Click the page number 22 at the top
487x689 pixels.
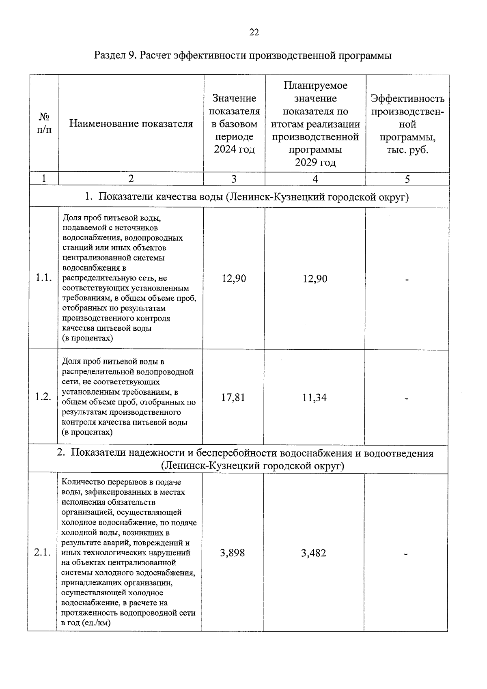(x=254, y=32)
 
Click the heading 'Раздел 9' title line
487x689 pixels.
(x=243, y=56)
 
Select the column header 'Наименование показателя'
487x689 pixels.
(x=131, y=124)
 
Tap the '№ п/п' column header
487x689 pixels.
(x=45, y=123)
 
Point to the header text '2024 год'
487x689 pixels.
(x=235, y=149)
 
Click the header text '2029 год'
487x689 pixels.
(x=315, y=162)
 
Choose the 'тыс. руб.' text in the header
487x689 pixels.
(x=407, y=150)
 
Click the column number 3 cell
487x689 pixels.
(x=234, y=179)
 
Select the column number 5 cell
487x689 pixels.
(x=407, y=179)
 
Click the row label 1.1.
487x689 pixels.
(x=43, y=278)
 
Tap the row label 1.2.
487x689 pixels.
(x=43, y=397)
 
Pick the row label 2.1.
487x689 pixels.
(x=42, y=553)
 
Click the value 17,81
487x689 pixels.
(x=233, y=397)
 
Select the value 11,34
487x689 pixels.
(x=314, y=398)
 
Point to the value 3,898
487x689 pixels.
(x=233, y=553)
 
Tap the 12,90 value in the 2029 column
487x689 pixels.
(x=315, y=279)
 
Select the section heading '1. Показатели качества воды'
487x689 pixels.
(x=247, y=197)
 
